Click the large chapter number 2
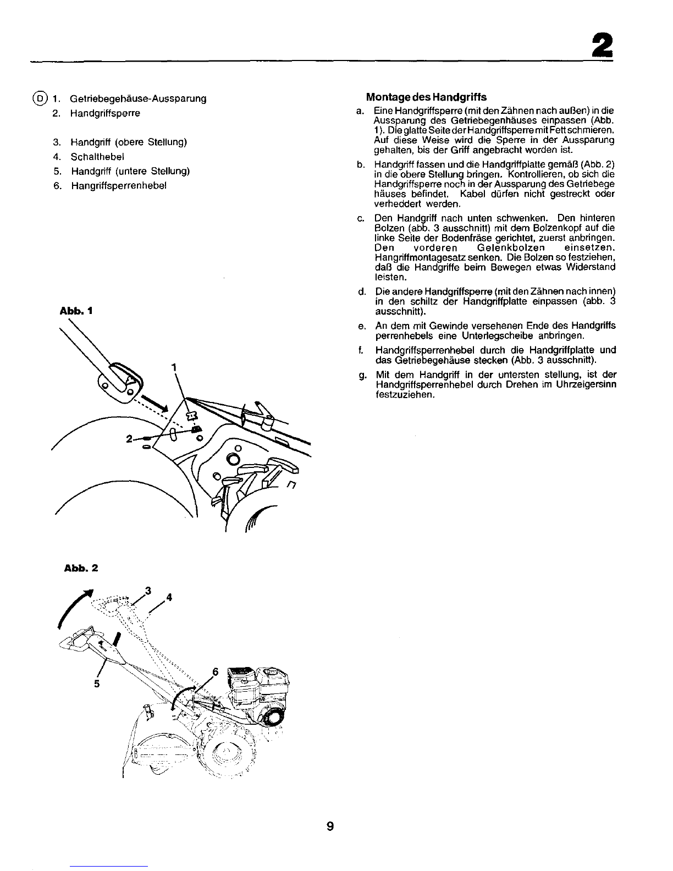602,45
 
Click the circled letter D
40,98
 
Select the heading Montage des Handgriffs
426,97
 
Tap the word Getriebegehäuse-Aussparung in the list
138,98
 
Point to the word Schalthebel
97,157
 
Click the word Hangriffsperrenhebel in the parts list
119,186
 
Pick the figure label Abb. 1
76,311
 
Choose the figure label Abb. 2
81,568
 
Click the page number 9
330,826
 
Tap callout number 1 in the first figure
174,367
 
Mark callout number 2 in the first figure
129,439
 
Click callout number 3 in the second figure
148,591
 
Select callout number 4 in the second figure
169,597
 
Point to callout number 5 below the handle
97,684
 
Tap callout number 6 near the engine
215,672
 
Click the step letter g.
362,376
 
